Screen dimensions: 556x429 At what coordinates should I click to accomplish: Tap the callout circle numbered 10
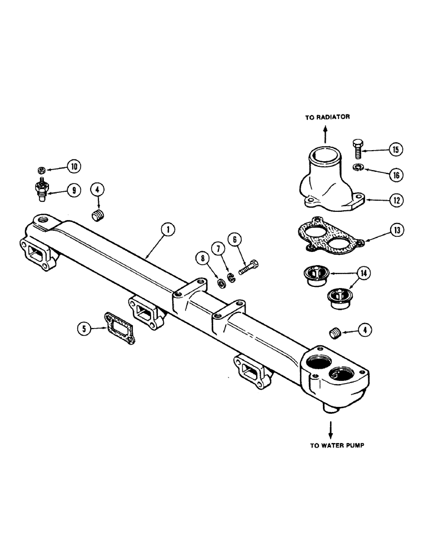(73, 166)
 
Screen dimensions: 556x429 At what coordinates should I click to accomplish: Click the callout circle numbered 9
(73, 190)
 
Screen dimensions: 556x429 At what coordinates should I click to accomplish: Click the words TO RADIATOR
(326, 118)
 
